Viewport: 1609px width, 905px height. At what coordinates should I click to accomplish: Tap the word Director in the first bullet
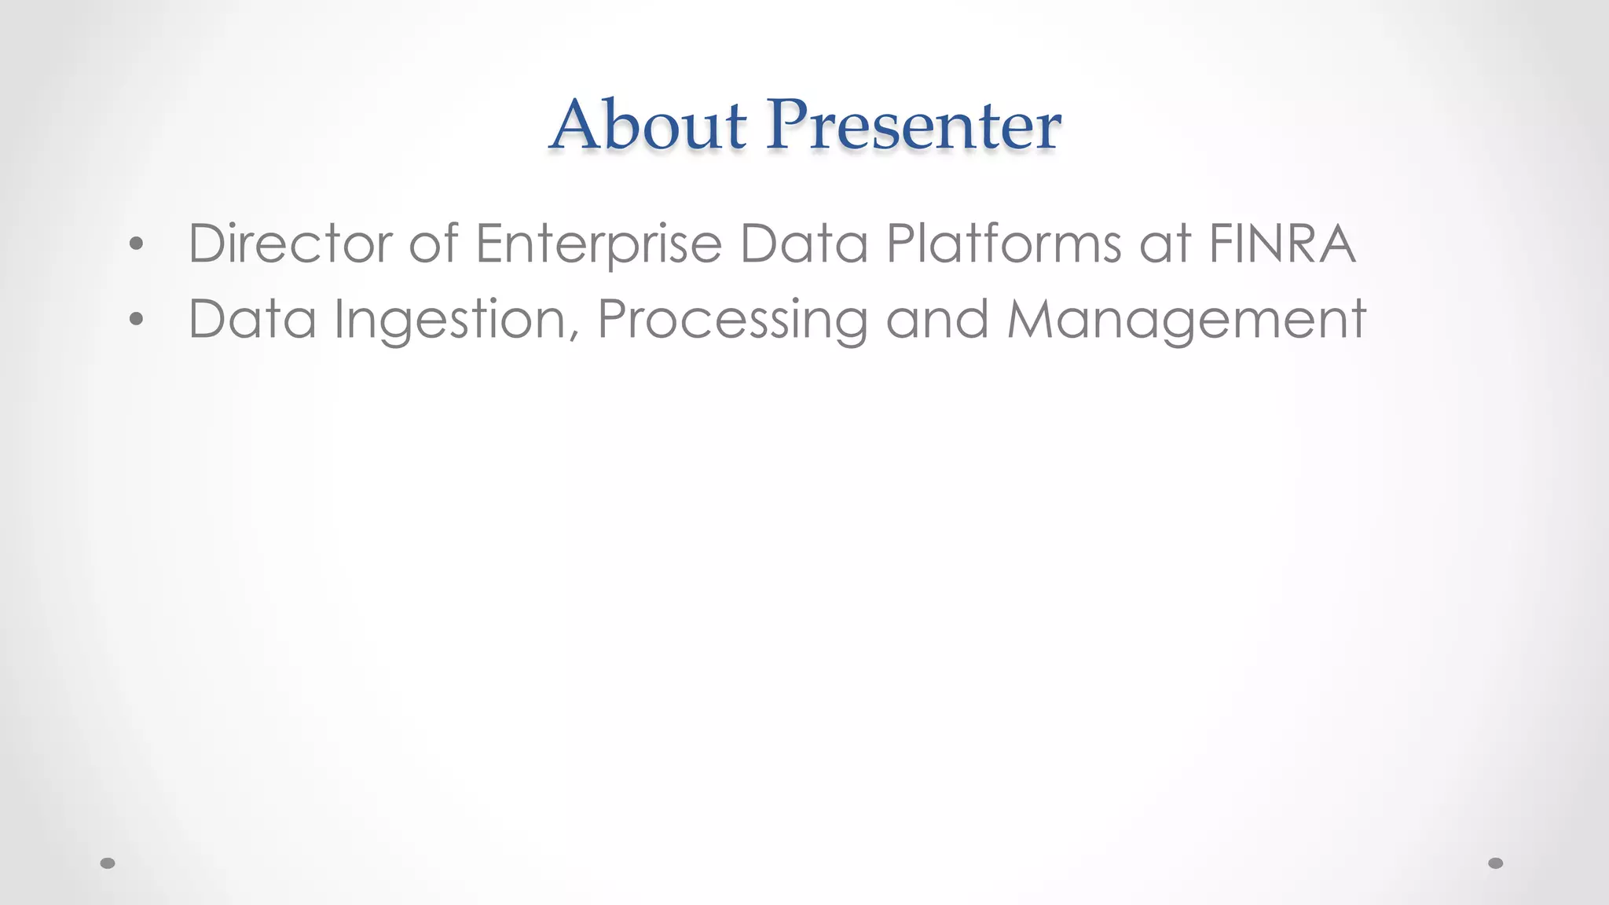pyautogui.click(x=290, y=244)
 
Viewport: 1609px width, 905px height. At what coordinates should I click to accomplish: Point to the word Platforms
pyautogui.click(x=1004, y=244)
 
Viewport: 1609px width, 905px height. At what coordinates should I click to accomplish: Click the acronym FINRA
pyautogui.click(x=1282, y=244)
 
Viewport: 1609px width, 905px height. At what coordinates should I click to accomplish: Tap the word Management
pyautogui.click(x=1186, y=319)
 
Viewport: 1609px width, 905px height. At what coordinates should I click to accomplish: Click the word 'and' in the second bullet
pyautogui.click(x=937, y=319)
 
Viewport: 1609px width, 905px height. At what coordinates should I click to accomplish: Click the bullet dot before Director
pyautogui.click(x=137, y=244)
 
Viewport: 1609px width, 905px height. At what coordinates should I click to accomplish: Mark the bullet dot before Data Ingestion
pyautogui.click(x=137, y=319)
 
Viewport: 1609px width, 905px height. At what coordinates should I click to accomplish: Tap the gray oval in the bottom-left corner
pyautogui.click(x=108, y=863)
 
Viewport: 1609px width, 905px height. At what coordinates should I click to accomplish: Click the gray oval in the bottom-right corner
pyautogui.click(x=1496, y=863)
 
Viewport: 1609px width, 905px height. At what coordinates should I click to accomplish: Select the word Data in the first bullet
pyautogui.click(x=804, y=244)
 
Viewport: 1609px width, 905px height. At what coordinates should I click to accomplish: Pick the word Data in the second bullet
pyautogui.click(x=252, y=319)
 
